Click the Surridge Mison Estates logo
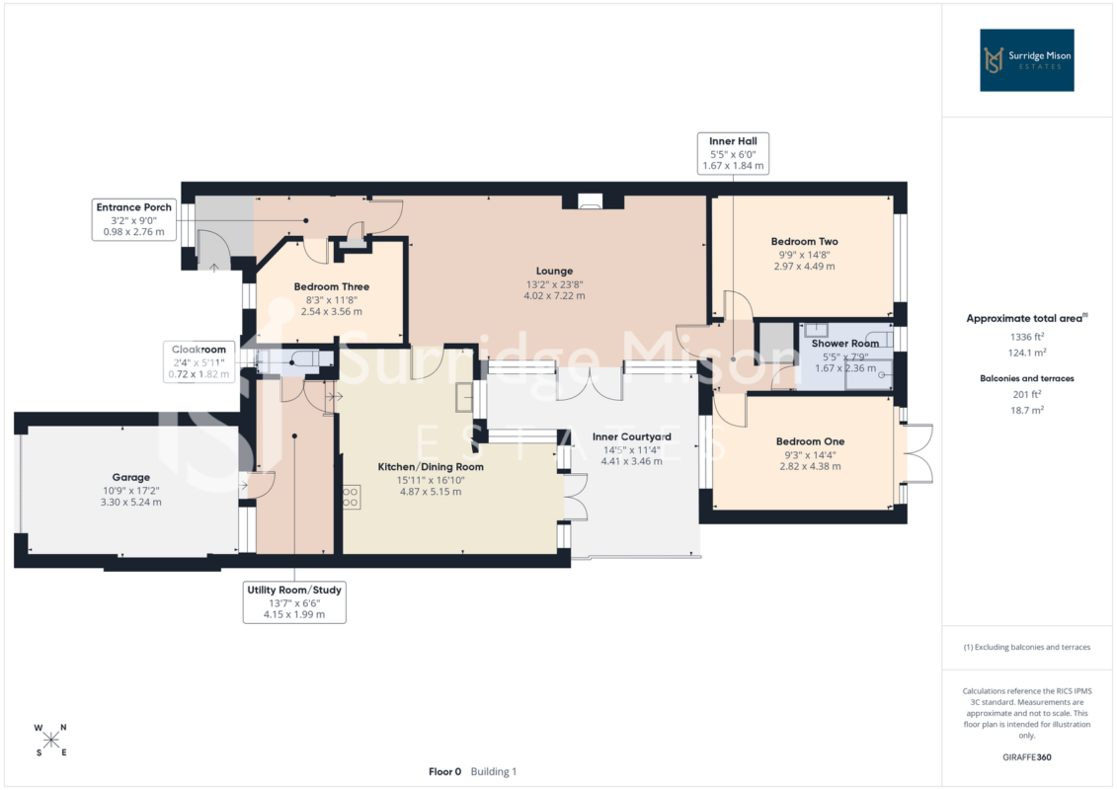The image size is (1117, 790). click(x=1026, y=60)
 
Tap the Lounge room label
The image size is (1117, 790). click(x=554, y=271)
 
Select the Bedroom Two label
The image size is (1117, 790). click(x=804, y=242)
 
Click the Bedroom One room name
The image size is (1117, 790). click(x=810, y=441)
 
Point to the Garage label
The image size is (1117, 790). click(x=131, y=477)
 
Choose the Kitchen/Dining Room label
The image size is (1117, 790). click(x=431, y=467)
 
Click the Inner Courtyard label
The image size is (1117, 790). click(x=632, y=436)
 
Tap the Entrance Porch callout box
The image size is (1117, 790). click(x=134, y=219)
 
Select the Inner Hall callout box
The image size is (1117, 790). click(x=733, y=153)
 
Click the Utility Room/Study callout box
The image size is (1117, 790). click(x=294, y=602)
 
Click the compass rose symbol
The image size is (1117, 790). click(x=51, y=740)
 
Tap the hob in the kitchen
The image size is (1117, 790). click(x=351, y=498)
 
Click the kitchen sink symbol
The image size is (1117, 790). click(x=464, y=398)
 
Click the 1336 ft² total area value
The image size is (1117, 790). click(x=1026, y=337)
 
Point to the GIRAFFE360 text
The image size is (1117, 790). click(x=1026, y=757)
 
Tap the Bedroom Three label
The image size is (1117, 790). click(x=331, y=286)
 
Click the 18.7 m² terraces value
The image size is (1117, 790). click(x=1026, y=411)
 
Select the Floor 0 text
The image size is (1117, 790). click(x=444, y=771)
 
